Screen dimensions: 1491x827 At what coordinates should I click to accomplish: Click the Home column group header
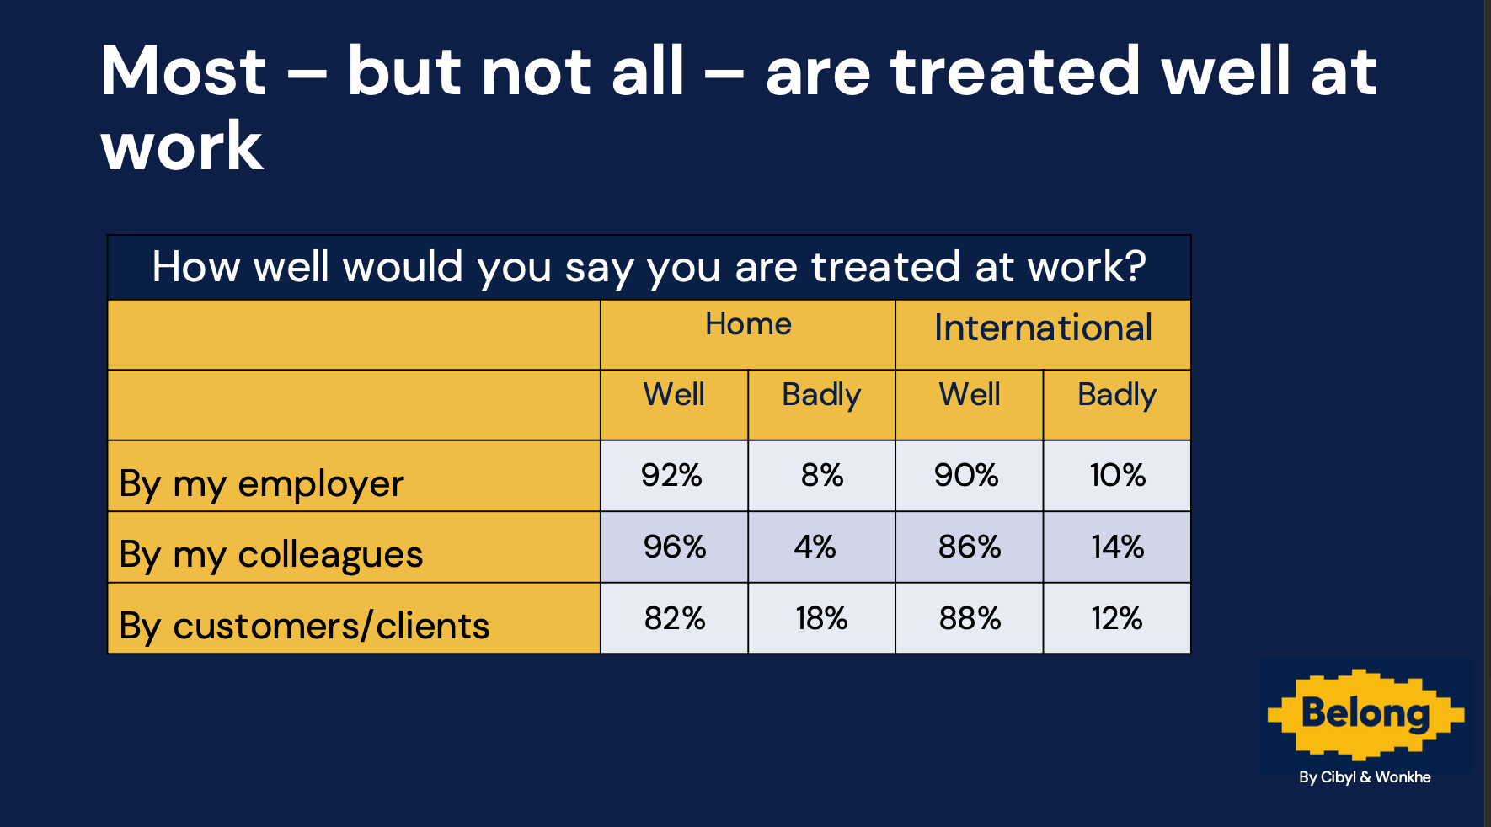point(748,324)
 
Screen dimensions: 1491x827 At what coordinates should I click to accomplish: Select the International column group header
point(1043,328)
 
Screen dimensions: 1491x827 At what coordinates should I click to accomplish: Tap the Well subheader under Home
point(674,394)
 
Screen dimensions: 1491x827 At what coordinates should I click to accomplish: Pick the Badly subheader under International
point(1117,395)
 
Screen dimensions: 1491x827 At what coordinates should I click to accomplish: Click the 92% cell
point(671,476)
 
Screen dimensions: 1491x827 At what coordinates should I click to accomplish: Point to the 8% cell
point(822,476)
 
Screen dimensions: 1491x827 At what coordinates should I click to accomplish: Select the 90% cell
point(966,476)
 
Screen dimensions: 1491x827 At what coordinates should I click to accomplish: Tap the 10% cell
point(1118,476)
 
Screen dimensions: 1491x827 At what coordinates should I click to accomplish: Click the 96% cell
point(675,547)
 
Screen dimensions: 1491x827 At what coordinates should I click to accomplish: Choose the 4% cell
point(815,547)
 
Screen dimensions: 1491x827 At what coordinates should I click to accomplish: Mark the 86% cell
point(970,547)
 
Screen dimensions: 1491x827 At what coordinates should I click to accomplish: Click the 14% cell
point(1118,547)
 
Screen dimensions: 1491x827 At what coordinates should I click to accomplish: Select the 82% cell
point(675,619)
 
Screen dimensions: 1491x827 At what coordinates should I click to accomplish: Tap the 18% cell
point(821,619)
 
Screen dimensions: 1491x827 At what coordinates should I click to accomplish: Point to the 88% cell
point(970,619)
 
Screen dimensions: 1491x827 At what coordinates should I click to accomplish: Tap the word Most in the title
point(184,71)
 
